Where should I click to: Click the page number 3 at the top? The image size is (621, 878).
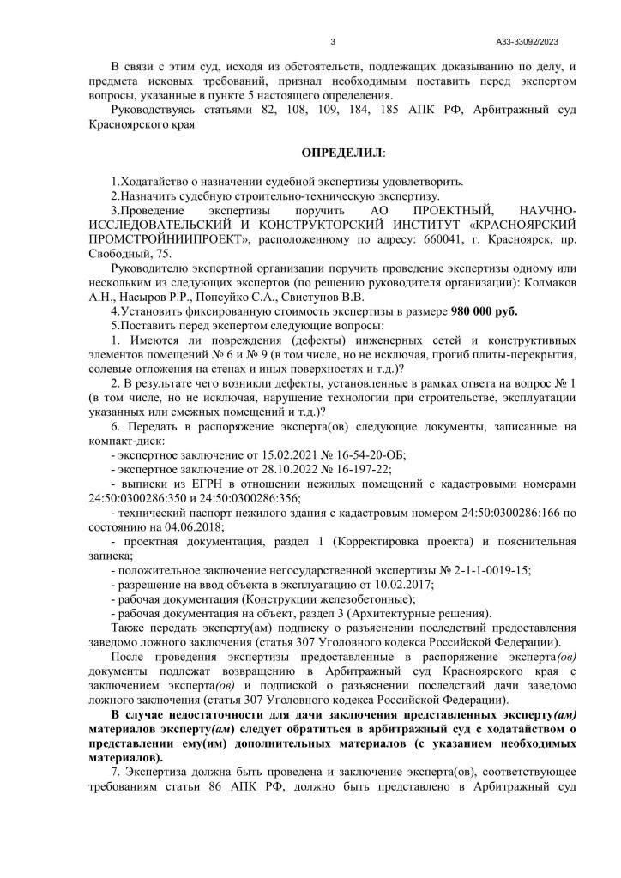coord(332,41)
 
